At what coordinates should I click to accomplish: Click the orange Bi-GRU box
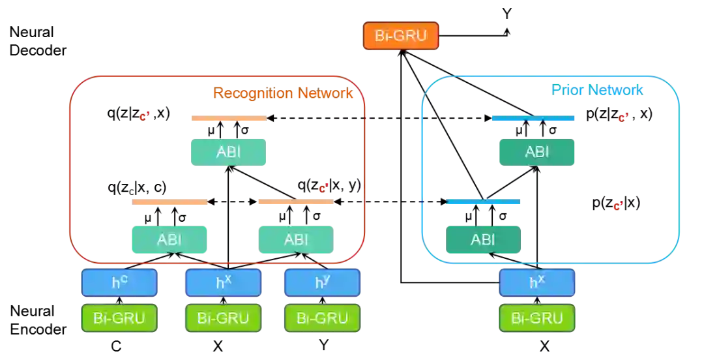pos(402,36)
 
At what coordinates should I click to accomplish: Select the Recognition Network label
pos(282,92)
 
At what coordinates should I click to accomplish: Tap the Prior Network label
pos(597,91)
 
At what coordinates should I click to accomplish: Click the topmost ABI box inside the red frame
pos(227,152)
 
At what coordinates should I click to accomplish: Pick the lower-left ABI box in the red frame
pos(169,239)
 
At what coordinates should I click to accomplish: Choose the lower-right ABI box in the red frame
pos(295,239)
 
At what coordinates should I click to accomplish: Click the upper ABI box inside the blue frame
pos(536,152)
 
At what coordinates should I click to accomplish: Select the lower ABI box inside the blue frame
pos(482,239)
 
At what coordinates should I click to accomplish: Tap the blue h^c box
pos(119,283)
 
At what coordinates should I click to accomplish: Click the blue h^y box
pos(322,283)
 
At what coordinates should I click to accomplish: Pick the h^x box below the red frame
pos(223,283)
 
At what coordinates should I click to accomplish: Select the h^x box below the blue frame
pos(536,283)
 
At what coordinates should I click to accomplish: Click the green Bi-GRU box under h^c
pos(119,318)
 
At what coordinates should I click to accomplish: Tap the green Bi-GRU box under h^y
pos(322,318)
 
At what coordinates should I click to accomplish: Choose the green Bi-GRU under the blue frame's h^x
pos(536,318)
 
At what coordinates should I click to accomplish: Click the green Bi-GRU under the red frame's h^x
pos(223,318)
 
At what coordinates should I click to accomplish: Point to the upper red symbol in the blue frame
pos(623,117)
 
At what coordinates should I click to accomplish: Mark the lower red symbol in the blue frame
pos(616,207)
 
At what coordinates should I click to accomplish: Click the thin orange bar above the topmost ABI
pos(227,120)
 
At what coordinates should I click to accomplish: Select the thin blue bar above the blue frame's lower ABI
pos(482,203)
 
